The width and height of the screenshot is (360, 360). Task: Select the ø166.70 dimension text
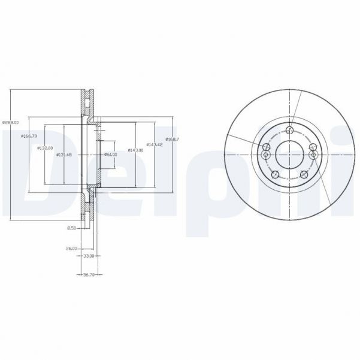[x=29, y=136]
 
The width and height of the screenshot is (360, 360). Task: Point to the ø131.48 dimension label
[x=65, y=155]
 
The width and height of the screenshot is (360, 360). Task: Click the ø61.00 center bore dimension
[x=110, y=155]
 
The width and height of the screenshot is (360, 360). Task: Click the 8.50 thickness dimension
[x=72, y=228]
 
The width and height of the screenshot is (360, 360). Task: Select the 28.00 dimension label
[x=72, y=247]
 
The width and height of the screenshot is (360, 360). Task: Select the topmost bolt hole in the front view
[x=290, y=131]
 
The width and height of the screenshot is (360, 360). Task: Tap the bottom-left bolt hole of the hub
[x=276, y=175]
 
